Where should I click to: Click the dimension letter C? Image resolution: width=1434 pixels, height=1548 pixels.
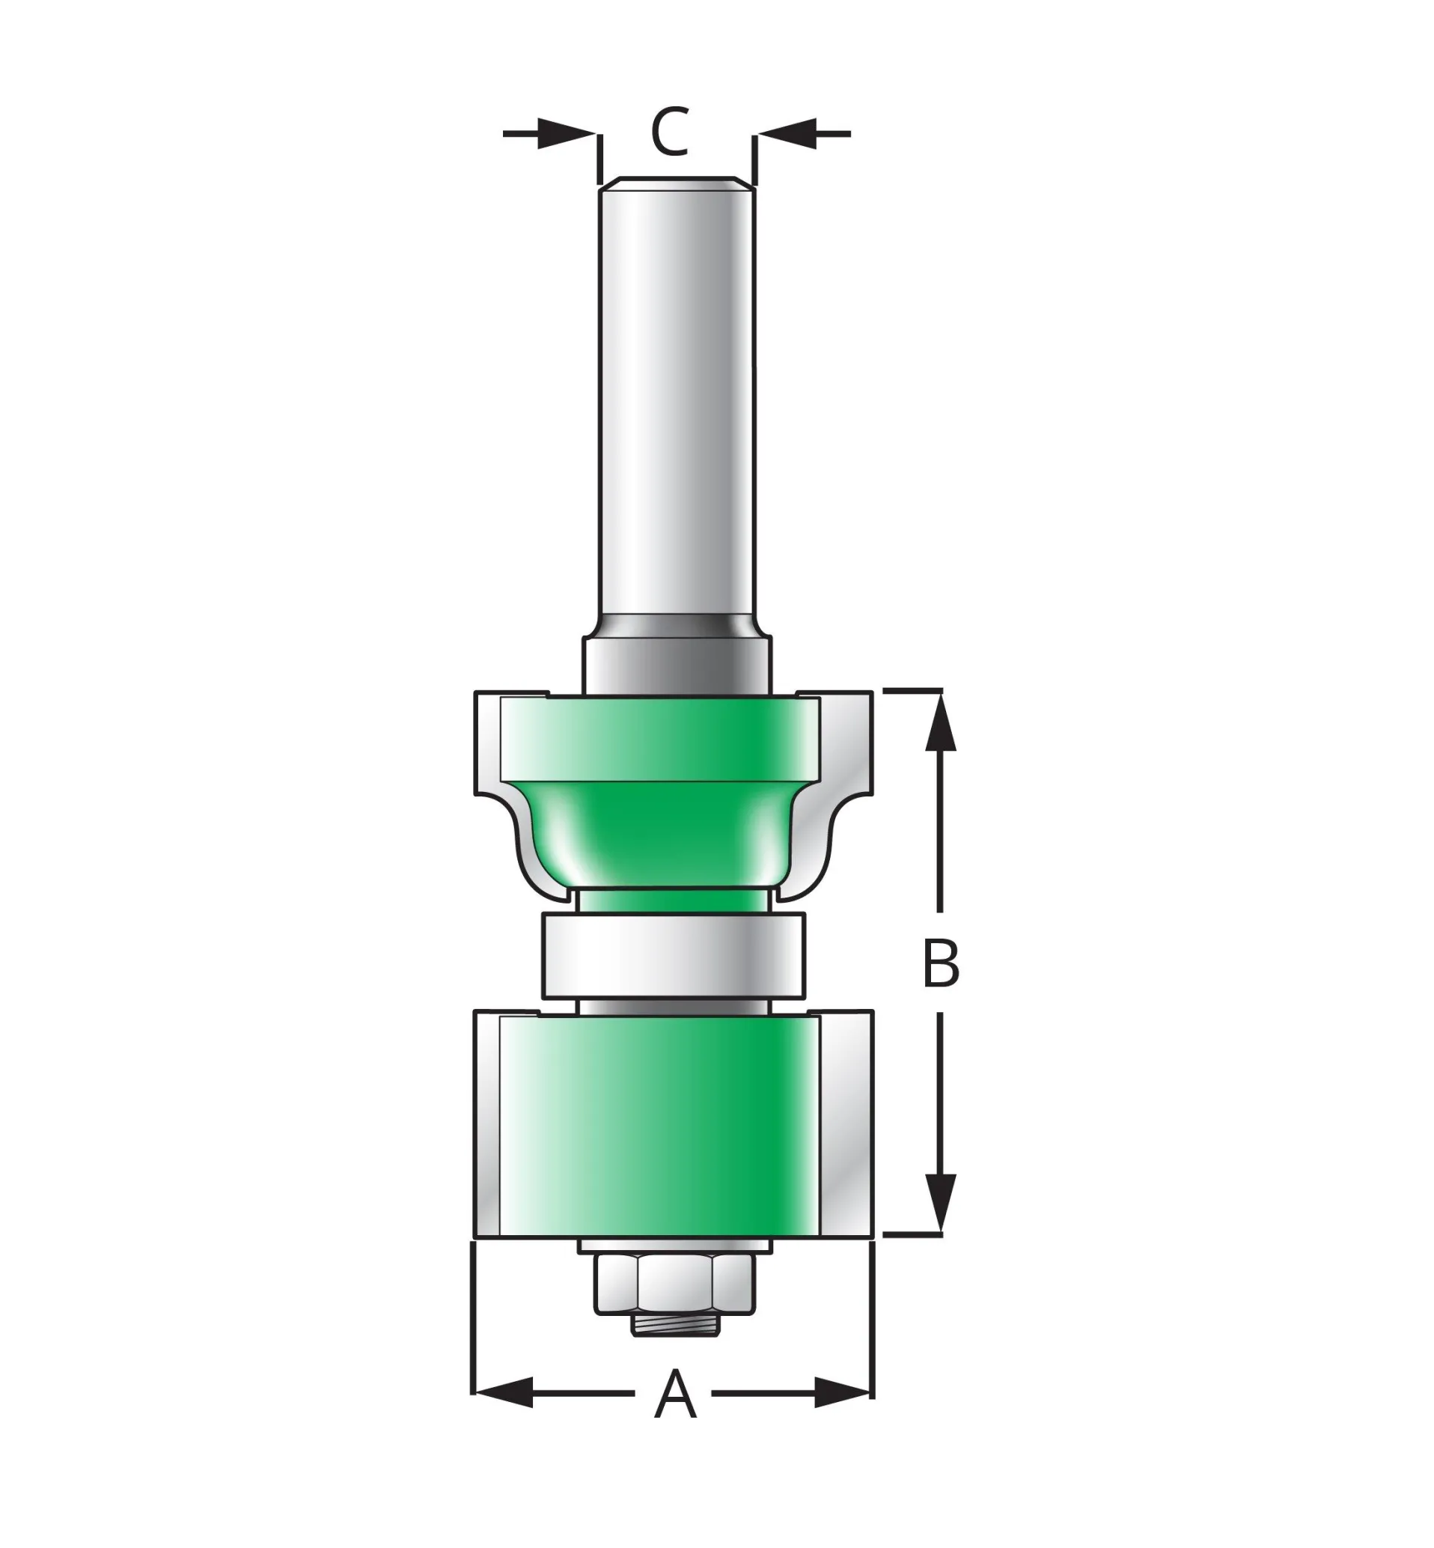pyautogui.click(x=670, y=132)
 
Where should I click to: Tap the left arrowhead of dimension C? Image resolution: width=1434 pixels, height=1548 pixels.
pyautogui.click(x=567, y=133)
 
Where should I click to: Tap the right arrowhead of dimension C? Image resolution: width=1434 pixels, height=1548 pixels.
pyautogui.click(x=787, y=133)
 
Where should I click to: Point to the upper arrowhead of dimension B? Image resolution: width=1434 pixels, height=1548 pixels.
pyautogui.click(x=941, y=721)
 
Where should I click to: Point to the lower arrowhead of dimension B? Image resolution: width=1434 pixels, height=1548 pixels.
pyautogui.click(x=941, y=1204)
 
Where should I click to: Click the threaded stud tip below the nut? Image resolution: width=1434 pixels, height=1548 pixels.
pyautogui.click(x=675, y=1324)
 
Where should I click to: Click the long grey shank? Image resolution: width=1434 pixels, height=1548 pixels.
pyautogui.click(x=677, y=403)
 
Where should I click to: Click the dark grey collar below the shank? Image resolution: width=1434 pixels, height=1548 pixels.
pyautogui.click(x=677, y=663)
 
